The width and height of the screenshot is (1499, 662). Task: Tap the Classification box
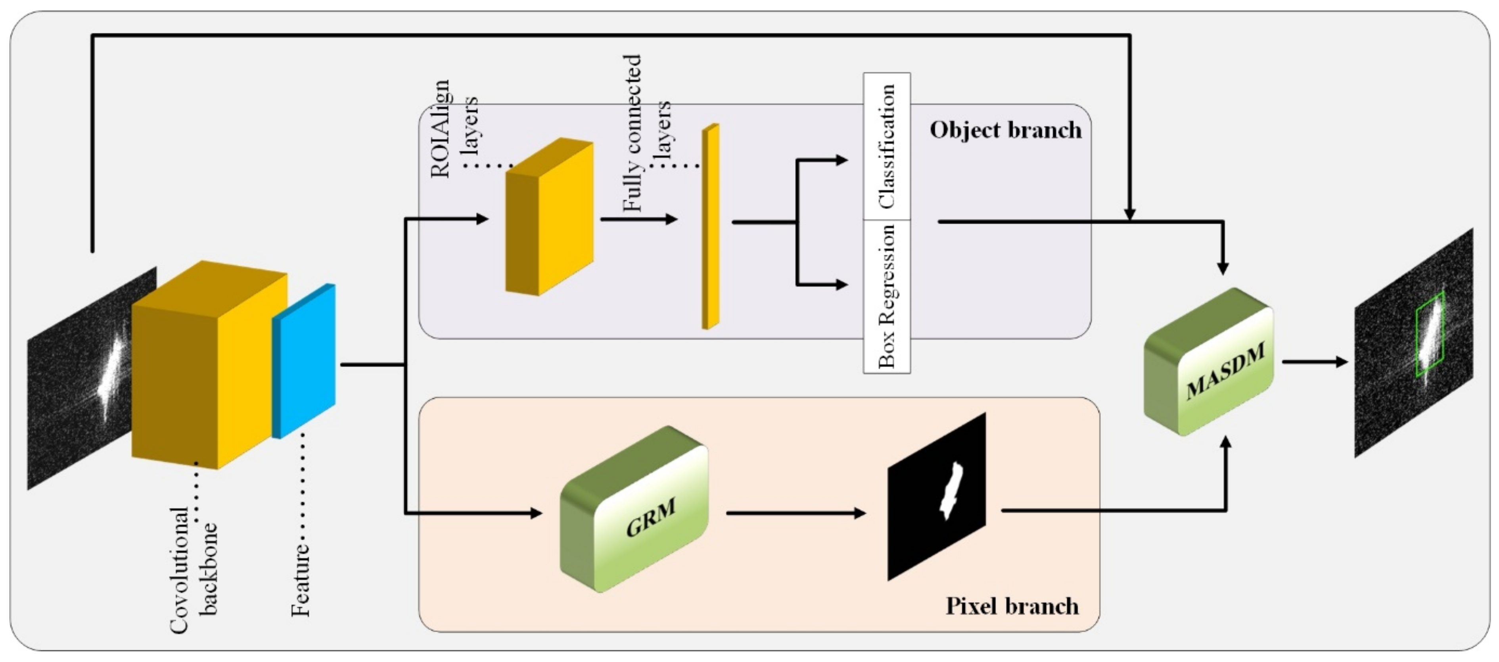886,146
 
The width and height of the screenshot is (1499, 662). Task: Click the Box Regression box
886,296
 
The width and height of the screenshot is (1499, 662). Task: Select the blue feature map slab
304,361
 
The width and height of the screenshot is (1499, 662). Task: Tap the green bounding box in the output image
1429,334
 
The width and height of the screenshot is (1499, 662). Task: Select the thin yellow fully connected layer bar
710,227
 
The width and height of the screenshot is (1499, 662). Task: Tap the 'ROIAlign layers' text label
454,128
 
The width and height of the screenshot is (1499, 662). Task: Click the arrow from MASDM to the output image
1315,362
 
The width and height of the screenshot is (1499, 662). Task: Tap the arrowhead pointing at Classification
841,160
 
